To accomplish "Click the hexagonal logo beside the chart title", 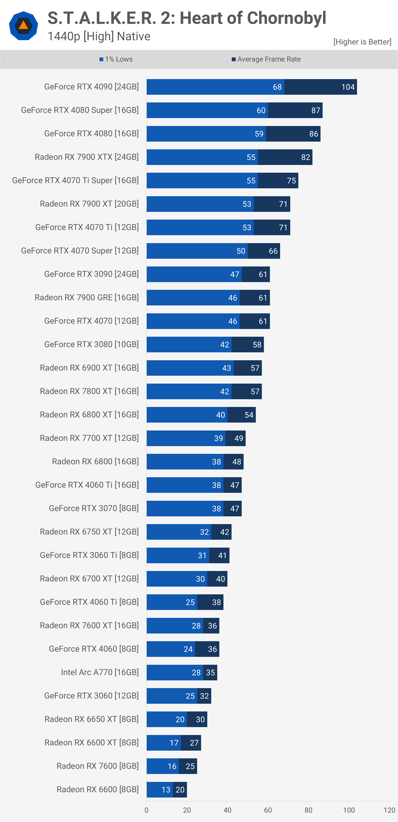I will click(23, 26).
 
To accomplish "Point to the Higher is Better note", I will click(362, 42).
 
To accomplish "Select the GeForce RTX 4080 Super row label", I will click(80, 110).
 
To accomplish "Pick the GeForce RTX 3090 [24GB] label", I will click(91, 274).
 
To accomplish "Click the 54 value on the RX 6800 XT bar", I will click(249, 415).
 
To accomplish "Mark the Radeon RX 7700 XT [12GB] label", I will click(89, 438).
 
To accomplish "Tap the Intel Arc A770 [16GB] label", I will click(100, 672).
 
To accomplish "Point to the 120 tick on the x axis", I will click(389, 810).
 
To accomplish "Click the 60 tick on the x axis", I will click(268, 810).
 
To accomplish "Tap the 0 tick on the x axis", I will click(147, 810).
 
